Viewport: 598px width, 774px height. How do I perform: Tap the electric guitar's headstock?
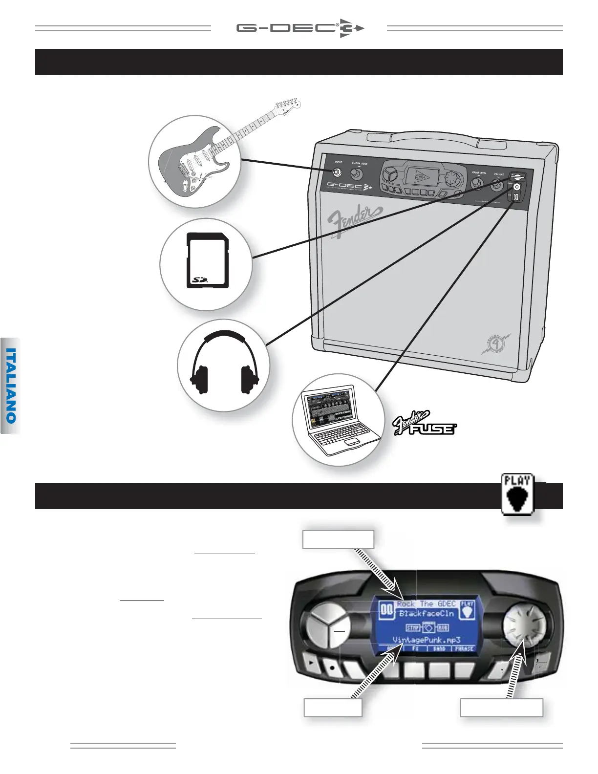pyautogui.click(x=287, y=104)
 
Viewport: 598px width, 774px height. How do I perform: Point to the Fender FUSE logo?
pyautogui.click(x=425, y=424)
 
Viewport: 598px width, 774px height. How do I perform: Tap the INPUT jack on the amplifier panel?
pyautogui.click(x=337, y=172)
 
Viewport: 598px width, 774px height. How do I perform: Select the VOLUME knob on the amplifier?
pyautogui.click(x=497, y=185)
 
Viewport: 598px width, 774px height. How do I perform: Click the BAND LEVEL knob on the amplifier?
pyautogui.click(x=478, y=184)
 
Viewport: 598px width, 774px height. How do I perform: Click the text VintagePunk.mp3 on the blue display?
pyautogui.click(x=427, y=640)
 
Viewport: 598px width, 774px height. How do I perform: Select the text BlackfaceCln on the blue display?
pyautogui.click(x=426, y=614)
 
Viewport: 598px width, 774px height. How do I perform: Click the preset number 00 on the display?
pyautogui.click(x=387, y=610)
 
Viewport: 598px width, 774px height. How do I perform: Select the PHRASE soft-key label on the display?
pyautogui.click(x=464, y=649)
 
